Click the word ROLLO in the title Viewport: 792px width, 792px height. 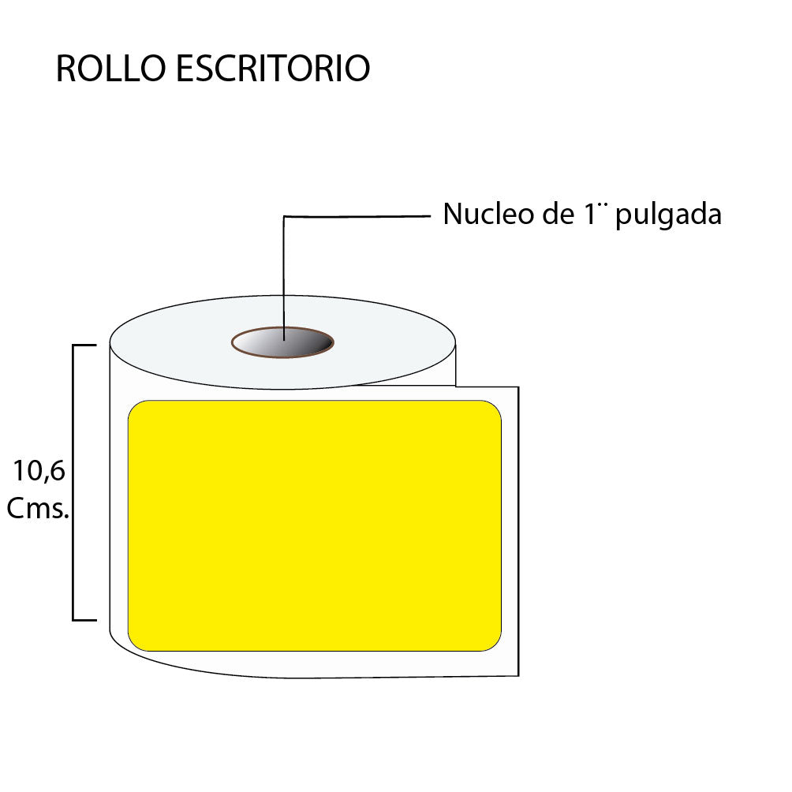[110, 68]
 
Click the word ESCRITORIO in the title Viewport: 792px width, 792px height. [273, 68]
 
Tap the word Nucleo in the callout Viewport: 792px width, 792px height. [488, 214]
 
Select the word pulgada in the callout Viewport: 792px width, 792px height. [668, 215]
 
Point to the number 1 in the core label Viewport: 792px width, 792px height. [590, 214]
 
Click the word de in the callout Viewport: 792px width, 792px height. [558, 213]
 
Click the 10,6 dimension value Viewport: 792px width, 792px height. [39, 471]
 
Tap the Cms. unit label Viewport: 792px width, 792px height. [38, 508]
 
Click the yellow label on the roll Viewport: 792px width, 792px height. [315, 526]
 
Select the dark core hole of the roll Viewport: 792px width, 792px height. [283, 342]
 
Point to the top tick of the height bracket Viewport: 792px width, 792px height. [84, 346]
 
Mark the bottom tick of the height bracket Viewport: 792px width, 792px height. [84, 620]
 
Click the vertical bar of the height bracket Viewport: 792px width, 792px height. [73, 482]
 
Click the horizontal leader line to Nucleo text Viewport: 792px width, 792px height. [357, 217]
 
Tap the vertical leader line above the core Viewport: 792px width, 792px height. [284, 278]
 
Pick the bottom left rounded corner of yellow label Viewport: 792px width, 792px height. [134, 645]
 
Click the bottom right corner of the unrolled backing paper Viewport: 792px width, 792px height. [518, 675]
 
